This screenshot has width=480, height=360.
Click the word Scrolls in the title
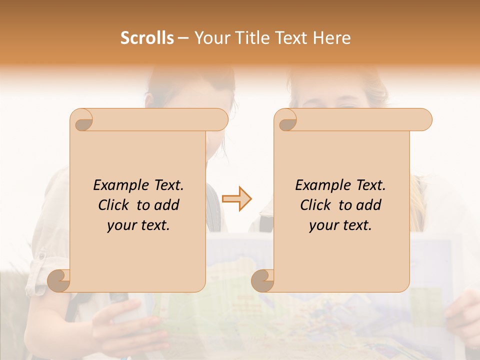click(x=147, y=38)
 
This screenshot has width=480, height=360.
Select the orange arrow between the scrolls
click(x=237, y=199)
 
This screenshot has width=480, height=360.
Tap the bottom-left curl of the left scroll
click(x=59, y=280)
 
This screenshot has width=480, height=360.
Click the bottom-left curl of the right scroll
click(x=263, y=280)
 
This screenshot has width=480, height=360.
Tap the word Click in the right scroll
click(x=315, y=205)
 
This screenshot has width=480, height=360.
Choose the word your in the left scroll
click(x=120, y=225)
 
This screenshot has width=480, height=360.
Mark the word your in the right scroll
click(x=322, y=225)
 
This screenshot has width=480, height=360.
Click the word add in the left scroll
click(x=167, y=205)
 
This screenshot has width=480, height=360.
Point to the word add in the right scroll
click(x=369, y=205)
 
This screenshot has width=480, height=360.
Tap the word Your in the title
click(x=211, y=38)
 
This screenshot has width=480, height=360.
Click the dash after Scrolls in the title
click(x=183, y=38)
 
